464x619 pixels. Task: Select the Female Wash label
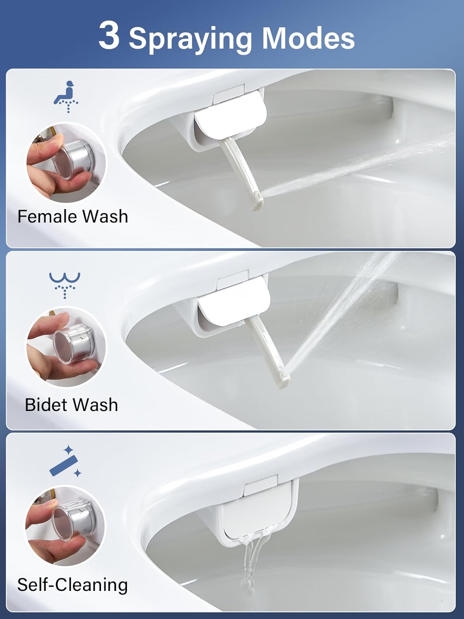click(73, 217)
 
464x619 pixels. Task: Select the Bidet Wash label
click(71, 405)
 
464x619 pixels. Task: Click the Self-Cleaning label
click(73, 585)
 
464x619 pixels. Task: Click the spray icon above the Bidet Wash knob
click(65, 284)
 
